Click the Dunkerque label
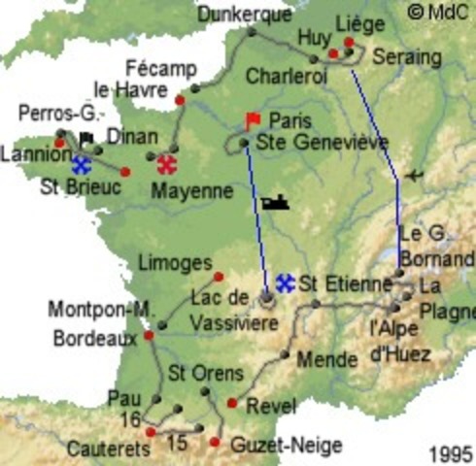[244, 14]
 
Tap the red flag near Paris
[253, 120]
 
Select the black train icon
[273, 202]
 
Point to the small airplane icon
[417, 175]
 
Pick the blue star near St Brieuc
[81, 165]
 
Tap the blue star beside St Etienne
[285, 283]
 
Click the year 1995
[449, 453]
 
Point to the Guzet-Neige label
[289, 446]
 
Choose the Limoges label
[175, 263]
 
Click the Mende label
[321, 359]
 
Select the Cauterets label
[109, 449]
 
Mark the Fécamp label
[161, 69]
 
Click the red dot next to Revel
[231, 403]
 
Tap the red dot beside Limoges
[219, 276]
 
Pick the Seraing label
[408, 56]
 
